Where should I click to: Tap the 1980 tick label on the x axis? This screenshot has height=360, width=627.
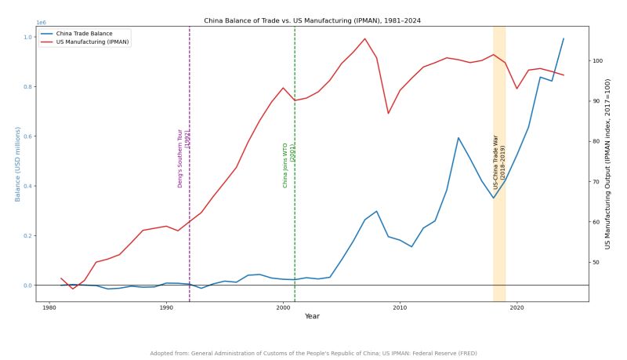[49, 308]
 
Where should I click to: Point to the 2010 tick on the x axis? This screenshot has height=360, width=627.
[400, 308]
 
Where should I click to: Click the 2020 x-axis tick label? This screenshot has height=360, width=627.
[516, 308]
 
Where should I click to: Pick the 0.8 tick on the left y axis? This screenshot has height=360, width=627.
[27, 87]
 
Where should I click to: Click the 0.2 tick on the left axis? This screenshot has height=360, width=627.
[27, 236]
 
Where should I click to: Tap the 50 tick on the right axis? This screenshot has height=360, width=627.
[596, 262]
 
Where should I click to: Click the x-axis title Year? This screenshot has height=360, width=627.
[312, 316]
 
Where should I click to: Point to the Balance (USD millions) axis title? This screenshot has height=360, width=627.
[16, 164]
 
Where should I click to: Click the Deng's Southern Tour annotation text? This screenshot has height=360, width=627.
[183, 158]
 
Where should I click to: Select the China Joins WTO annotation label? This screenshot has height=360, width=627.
[288, 165]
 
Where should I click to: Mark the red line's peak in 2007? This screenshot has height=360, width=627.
[364, 38]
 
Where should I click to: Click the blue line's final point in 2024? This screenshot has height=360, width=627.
[564, 38]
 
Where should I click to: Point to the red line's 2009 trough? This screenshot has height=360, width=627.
[388, 114]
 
